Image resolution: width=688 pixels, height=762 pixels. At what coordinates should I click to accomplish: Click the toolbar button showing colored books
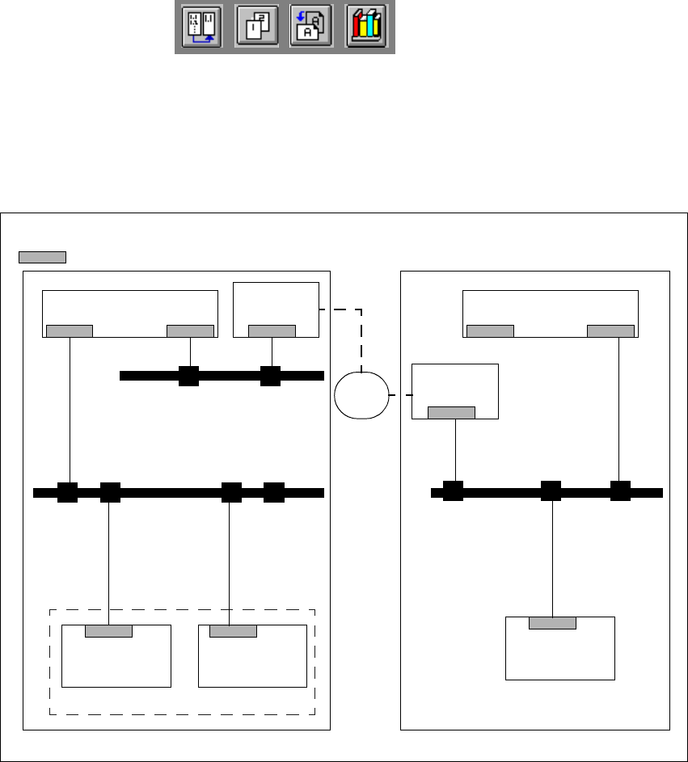coord(366,27)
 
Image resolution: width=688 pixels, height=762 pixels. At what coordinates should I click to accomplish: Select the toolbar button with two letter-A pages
coord(311,27)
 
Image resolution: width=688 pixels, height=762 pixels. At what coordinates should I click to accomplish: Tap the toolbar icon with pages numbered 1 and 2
coord(256,27)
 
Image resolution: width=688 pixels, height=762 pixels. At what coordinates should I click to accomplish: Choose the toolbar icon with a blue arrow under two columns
coord(201,27)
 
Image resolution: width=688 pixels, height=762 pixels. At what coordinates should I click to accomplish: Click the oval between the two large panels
coord(361,394)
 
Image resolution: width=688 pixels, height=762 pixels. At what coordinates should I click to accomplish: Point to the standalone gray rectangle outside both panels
coord(42,257)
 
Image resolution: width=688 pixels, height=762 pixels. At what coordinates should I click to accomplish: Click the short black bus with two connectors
coord(222,376)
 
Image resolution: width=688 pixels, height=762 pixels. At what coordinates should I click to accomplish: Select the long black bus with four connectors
coord(178,492)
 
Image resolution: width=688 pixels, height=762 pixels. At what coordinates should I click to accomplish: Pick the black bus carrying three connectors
coord(547,491)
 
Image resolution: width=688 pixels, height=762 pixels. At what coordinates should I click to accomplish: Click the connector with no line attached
coord(274,492)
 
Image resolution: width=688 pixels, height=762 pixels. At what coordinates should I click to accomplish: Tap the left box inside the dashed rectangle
coord(116,659)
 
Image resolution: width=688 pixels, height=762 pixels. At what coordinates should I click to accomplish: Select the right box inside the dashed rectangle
coord(252,659)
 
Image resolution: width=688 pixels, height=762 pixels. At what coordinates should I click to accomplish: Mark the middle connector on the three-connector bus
coord(551,491)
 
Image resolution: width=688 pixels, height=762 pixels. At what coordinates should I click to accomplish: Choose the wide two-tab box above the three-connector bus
coord(550,308)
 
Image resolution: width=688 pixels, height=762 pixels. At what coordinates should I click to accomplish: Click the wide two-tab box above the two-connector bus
coord(130,308)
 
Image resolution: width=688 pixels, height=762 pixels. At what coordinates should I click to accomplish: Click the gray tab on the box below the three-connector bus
coord(552,623)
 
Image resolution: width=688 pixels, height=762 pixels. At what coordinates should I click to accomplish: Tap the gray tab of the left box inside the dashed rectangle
coord(108,631)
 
